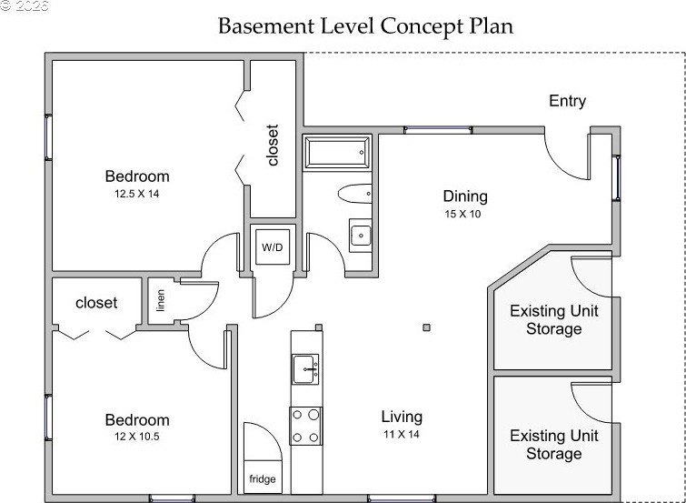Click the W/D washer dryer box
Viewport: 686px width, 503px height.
(x=273, y=247)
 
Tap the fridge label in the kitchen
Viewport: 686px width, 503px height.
(x=263, y=479)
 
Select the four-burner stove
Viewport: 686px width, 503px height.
(x=306, y=426)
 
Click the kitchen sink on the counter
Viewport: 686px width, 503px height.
(x=306, y=369)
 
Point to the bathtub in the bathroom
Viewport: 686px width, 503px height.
(x=338, y=153)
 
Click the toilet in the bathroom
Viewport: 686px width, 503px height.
(x=355, y=194)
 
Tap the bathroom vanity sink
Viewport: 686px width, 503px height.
(x=361, y=236)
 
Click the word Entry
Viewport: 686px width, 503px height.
(x=568, y=101)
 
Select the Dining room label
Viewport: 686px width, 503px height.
(x=465, y=196)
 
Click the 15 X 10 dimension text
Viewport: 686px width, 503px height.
(x=462, y=215)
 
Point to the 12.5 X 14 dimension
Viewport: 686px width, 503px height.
(x=137, y=194)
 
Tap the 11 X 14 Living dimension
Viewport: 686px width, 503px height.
(x=402, y=435)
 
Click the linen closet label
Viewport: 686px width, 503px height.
(x=161, y=300)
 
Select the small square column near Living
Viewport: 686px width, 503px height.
(x=426, y=327)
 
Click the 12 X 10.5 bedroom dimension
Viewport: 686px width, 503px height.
(x=137, y=437)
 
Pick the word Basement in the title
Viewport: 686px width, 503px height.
(x=265, y=25)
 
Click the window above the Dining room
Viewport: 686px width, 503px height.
(x=438, y=130)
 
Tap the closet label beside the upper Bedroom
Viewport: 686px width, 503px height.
(x=273, y=146)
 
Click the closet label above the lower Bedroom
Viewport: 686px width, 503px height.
(x=96, y=302)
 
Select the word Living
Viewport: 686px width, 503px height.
(x=402, y=417)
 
